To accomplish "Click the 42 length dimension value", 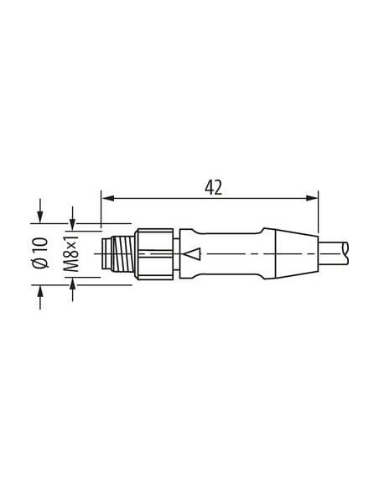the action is (x=214, y=188).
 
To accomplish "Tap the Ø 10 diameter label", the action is (x=41, y=253).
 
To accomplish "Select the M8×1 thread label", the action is (x=71, y=253).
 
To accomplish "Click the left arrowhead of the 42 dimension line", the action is (x=107, y=198).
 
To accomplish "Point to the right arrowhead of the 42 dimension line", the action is (x=311, y=198).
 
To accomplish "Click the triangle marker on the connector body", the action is (x=192, y=253).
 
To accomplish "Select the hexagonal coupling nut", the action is (x=154, y=253).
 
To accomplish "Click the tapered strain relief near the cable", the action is (x=297, y=253).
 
